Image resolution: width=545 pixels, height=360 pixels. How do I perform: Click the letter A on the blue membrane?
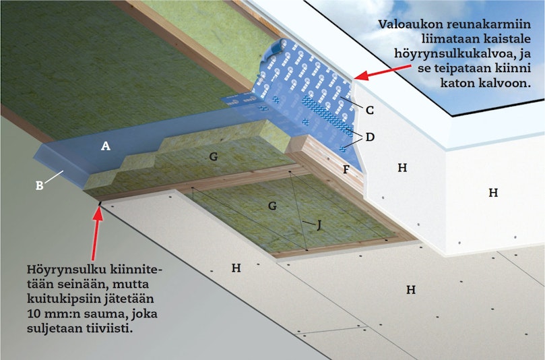[106, 146]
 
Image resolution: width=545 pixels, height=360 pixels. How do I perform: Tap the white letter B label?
[40, 186]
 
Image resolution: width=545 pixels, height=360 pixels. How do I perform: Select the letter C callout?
[370, 111]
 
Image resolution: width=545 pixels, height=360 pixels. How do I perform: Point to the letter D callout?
[370, 137]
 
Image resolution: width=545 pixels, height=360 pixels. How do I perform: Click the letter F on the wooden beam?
[346, 169]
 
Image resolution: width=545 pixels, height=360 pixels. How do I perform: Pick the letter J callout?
[319, 225]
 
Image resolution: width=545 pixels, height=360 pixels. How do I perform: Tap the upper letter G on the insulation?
[214, 156]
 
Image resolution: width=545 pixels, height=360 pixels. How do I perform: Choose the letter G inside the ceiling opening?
[272, 206]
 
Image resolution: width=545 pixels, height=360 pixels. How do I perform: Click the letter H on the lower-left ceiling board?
[236, 268]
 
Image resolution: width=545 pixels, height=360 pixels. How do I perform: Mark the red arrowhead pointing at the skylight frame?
[362, 76]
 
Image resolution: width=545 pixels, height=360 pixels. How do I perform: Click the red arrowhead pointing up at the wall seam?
[98, 214]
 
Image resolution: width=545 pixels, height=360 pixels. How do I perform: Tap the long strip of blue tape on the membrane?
[327, 115]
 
